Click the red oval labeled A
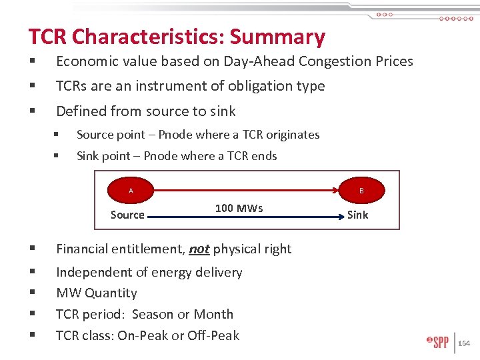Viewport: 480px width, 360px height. [131, 191]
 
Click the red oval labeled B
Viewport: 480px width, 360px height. [361, 191]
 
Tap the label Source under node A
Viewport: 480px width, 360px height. [127, 215]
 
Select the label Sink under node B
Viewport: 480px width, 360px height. [357, 215]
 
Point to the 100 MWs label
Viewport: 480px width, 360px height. [239, 208]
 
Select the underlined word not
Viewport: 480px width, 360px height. [199, 249]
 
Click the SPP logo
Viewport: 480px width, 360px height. [437, 343]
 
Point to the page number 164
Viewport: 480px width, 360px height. [464, 343]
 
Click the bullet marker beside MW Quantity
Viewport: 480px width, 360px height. [31, 293]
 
